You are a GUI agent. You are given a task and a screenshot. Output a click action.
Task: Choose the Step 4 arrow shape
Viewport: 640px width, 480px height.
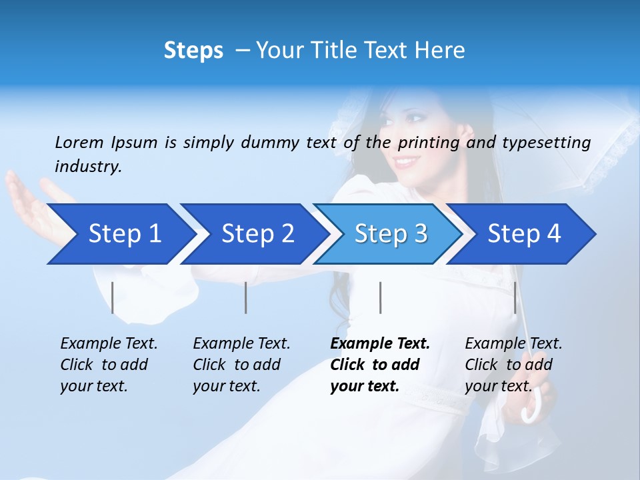pos(523,234)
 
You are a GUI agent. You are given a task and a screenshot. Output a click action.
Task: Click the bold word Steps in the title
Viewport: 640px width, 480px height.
pos(193,51)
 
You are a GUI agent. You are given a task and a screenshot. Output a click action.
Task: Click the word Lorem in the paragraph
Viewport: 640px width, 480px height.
pos(79,142)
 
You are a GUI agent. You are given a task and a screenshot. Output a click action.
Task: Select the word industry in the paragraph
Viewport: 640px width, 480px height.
pos(88,167)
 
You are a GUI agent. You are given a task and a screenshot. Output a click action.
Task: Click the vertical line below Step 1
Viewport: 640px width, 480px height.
pos(113,297)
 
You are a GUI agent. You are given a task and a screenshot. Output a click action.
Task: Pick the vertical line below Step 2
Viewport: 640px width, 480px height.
pos(246,297)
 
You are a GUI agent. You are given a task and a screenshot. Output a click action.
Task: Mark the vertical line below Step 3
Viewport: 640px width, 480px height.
pos(380,297)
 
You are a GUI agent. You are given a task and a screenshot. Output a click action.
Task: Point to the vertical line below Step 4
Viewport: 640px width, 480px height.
pos(515,297)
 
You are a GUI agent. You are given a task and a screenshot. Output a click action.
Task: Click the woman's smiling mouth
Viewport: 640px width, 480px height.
pos(406,162)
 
